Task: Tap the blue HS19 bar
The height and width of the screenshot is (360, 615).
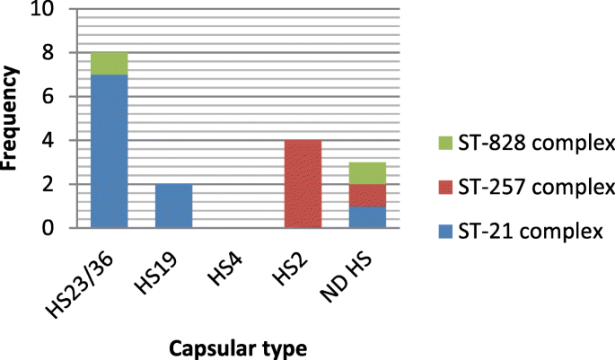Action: point(173,206)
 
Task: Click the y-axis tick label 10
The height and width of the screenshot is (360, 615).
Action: point(44,10)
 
